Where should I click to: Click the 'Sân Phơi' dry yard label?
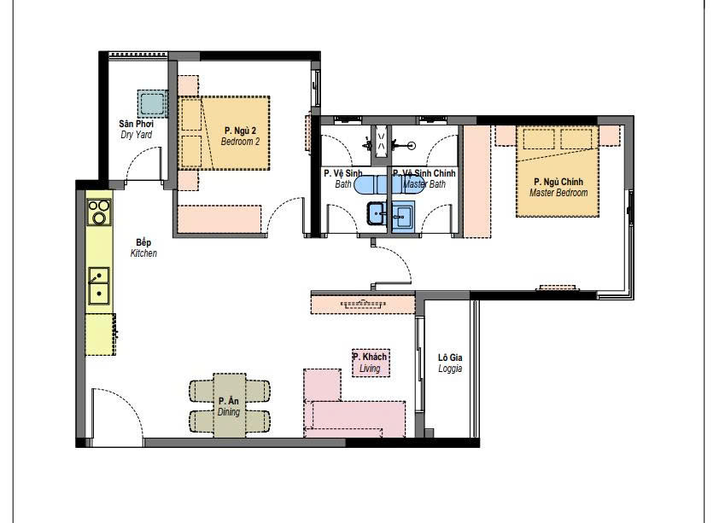tap(136, 124)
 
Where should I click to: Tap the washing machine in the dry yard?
tap(152, 103)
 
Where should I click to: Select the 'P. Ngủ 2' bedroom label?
tap(240, 131)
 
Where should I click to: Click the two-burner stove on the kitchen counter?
tap(99, 212)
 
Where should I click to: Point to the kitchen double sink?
tap(98, 286)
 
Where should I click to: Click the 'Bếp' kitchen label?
tap(143, 242)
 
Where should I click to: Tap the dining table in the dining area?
tap(229, 405)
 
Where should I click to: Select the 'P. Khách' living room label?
tap(370, 357)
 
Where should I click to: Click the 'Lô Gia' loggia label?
tap(450, 357)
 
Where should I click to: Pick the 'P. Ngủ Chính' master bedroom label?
tap(558, 182)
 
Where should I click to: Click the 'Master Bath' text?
tap(424, 184)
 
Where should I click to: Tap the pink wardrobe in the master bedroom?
tap(476, 182)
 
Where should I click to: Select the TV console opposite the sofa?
tap(363, 305)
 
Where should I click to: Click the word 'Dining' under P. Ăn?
tap(228, 412)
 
